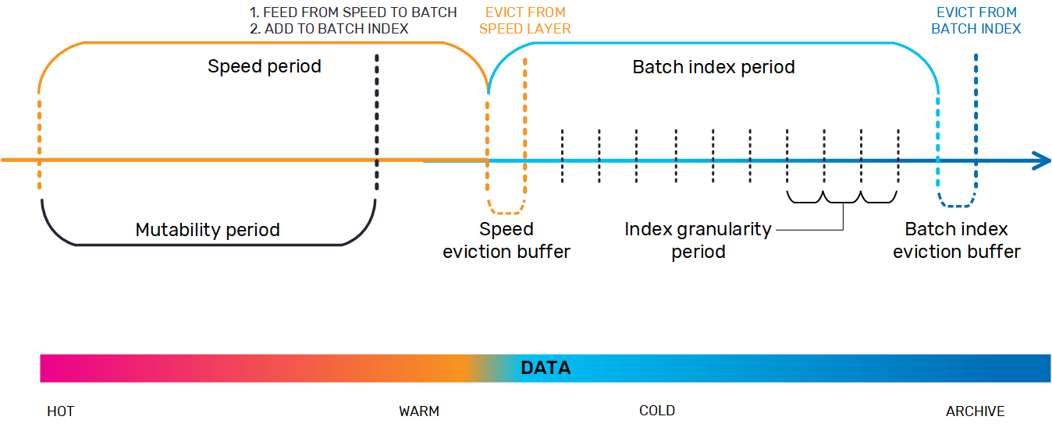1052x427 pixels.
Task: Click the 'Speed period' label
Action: [x=265, y=66]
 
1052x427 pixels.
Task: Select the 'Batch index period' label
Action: [x=713, y=67]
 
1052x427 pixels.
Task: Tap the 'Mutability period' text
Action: [x=208, y=230]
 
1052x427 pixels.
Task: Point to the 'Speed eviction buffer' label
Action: [x=506, y=241]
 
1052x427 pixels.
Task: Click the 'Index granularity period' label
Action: [x=698, y=241]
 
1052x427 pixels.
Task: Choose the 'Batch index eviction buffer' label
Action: [x=957, y=241]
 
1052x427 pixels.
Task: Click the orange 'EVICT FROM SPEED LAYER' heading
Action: [x=525, y=20]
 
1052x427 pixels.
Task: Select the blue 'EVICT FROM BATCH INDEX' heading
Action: [x=976, y=20]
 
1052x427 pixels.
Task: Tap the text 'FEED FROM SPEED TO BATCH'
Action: [x=360, y=12]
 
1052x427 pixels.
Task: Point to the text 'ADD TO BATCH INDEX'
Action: [x=336, y=29]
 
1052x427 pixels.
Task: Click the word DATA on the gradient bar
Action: [x=546, y=368]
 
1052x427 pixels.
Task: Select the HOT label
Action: [x=61, y=411]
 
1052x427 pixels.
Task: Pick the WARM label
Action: [x=419, y=411]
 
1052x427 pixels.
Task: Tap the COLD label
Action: [x=657, y=411]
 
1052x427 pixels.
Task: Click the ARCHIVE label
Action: [x=976, y=411]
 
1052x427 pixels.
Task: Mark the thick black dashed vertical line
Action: [x=377, y=122]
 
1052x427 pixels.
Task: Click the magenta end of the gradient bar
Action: [x=47, y=369]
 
